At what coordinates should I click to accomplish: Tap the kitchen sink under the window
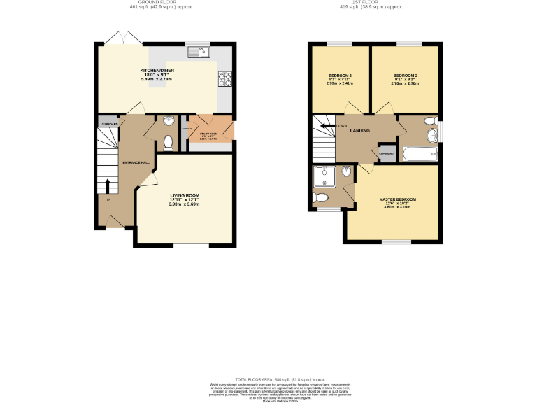[199, 52]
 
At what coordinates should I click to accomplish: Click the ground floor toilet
[168, 143]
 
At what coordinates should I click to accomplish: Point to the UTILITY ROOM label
[209, 132]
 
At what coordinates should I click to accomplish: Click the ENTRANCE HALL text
[136, 162]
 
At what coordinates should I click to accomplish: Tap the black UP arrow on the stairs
[108, 186]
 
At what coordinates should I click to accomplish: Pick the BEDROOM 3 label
[340, 75]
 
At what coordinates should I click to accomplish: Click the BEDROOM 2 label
[405, 75]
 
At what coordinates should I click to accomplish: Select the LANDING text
[360, 130]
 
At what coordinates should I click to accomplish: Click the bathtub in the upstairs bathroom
[418, 154]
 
